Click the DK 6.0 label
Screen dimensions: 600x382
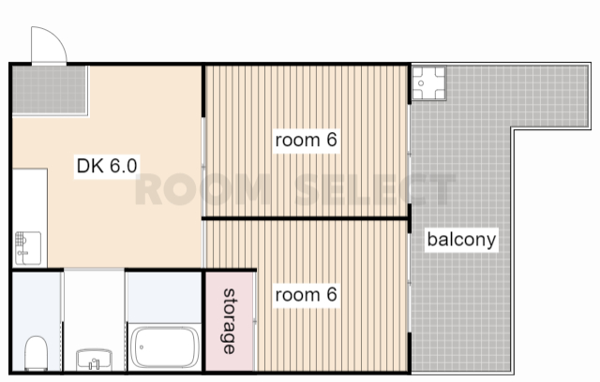(107, 166)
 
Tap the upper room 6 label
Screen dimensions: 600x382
(307, 140)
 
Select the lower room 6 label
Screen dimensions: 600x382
(307, 295)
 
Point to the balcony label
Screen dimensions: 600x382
(461, 240)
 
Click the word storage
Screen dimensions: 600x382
(229, 321)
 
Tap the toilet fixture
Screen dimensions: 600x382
(37, 353)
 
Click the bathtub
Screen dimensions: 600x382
(165, 347)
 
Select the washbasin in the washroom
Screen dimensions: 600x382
(94, 360)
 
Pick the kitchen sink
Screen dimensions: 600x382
(28, 248)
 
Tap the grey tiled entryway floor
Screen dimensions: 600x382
(50, 90)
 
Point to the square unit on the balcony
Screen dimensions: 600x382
(429, 83)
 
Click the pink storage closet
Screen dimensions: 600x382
(230, 321)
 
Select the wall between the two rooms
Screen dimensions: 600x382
(305, 218)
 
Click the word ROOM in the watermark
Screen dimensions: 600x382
(203, 189)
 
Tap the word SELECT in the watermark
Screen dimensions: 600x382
(376, 189)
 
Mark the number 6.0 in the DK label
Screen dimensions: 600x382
(123, 166)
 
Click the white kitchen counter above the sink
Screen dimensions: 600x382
(30, 199)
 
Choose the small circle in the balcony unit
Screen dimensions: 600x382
(421, 83)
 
